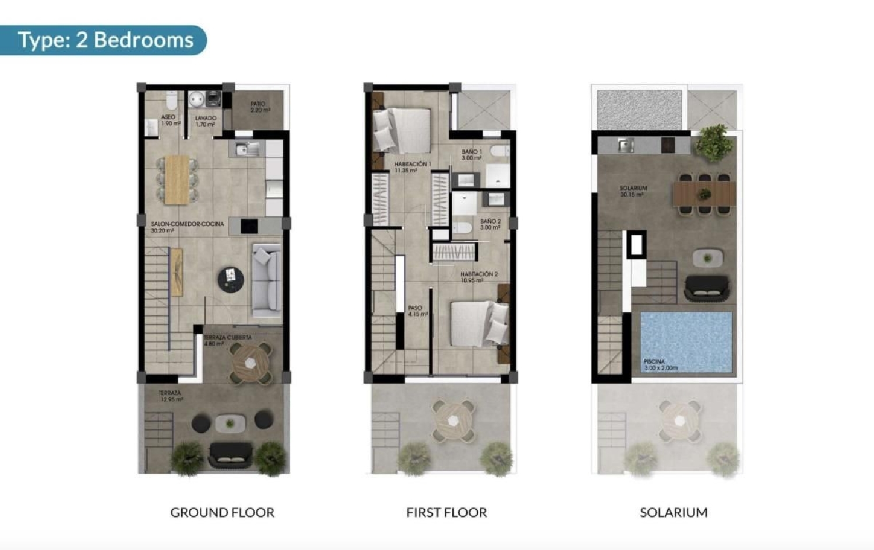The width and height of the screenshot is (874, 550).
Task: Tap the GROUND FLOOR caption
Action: tap(222, 513)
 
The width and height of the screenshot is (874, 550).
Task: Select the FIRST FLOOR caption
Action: tap(446, 513)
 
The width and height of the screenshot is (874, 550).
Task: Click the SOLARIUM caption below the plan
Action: tap(674, 513)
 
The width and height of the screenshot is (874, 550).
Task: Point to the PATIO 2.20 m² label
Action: tap(259, 107)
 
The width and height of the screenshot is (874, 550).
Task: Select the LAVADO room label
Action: tap(205, 121)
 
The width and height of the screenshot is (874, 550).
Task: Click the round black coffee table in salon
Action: tap(230, 280)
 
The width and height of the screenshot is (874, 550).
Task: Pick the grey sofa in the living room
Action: tap(266, 280)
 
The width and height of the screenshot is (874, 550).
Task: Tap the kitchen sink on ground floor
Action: tap(247, 150)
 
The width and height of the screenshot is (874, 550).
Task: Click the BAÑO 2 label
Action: tap(490, 224)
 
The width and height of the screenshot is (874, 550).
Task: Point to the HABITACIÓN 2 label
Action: tap(478, 277)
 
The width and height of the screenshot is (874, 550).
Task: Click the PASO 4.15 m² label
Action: tap(417, 311)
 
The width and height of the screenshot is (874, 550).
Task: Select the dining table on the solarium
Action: tap(704, 193)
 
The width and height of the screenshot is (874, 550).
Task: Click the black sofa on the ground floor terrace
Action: tap(230, 454)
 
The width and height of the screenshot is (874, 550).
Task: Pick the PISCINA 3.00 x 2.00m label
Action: tap(660, 365)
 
